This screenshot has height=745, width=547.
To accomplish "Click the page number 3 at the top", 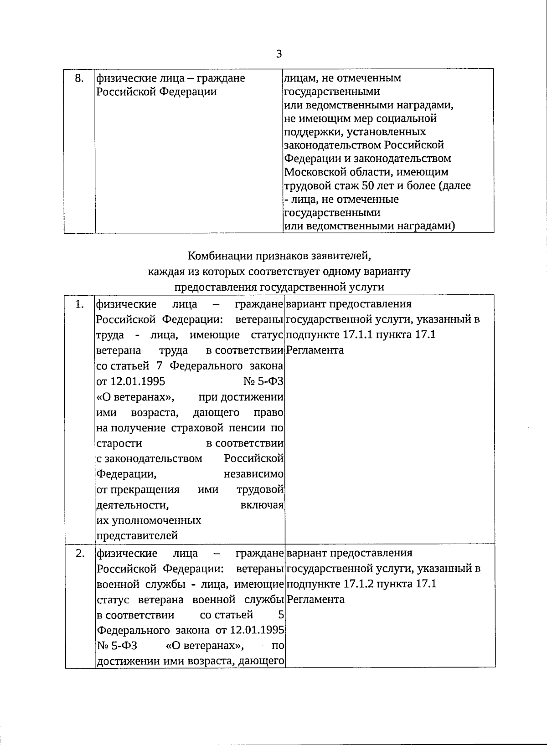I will click(x=279, y=54).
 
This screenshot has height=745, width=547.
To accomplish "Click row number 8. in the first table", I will click(x=79, y=78).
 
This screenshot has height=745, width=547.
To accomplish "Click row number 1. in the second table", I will click(x=79, y=304).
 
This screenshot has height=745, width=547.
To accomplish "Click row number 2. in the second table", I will click(x=80, y=553).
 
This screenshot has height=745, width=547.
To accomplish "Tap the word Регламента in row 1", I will click(x=315, y=350).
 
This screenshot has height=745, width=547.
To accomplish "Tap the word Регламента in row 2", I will click(x=315, y=599).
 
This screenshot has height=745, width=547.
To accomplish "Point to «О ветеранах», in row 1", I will click(x=136, y=397).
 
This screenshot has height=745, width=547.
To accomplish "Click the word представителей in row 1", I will click(x=137, y=536).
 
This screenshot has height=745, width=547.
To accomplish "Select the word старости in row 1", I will click(x=119, y=443).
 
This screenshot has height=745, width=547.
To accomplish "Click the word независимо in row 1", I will click(x=254, y=474).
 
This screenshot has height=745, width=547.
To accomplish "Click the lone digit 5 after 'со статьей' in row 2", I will click(x=281, y=615).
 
